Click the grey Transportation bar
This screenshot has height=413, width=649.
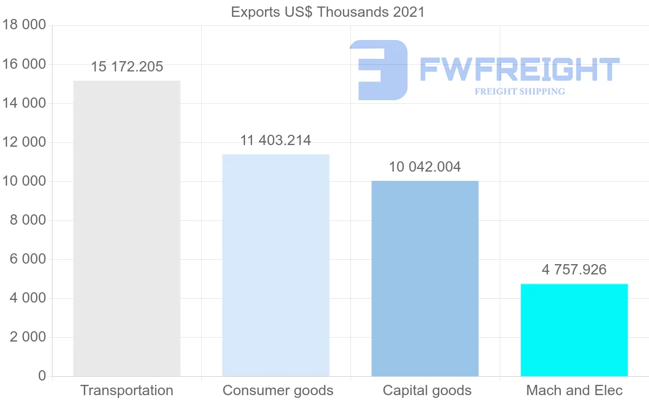[127, 228]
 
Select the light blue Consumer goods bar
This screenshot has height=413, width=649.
[276, 265]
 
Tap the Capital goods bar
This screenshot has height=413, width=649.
[425, 278]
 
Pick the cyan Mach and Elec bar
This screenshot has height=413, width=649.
[574, 330]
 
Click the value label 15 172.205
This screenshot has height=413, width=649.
[127, 67]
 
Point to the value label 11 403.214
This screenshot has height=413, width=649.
[276, 141]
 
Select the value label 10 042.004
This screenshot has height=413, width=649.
[425, 167]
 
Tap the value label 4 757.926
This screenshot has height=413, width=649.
[574, 270]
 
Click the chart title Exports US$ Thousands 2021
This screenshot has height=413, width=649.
[328, 12]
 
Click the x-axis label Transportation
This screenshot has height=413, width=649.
[127, 390]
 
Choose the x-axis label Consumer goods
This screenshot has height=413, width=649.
[278, 390]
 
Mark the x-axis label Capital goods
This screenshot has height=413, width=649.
[427, 390]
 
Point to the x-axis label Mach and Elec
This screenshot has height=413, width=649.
[574, 390]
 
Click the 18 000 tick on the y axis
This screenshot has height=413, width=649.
[24, 25]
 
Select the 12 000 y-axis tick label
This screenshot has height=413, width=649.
[24, 142]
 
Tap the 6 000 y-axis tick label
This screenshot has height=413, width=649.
[27, 259]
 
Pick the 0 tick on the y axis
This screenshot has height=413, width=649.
[42, 376]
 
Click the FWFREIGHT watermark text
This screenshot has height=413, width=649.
[519, 69]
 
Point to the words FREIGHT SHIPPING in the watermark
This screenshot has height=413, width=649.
[519, 91]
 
